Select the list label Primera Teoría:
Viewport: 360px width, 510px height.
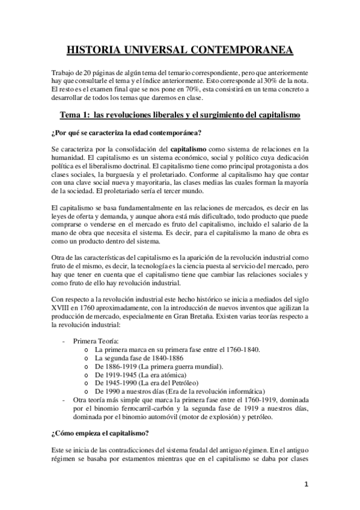tap(96, 340)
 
